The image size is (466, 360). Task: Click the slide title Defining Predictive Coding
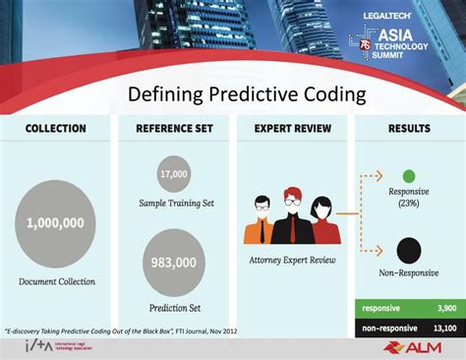(248, 94)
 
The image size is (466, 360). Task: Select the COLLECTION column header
(55, 129)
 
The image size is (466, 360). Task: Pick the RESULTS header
(408, 129)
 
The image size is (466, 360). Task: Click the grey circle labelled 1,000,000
(56, 224)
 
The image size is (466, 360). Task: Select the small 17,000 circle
(174, 174)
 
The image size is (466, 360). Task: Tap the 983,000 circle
(174, 263)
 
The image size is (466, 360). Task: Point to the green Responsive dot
(409, 176)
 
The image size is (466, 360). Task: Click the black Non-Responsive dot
(409, 250)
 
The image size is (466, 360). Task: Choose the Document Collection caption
(56, 281)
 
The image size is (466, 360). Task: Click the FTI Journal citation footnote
(122, 330)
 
